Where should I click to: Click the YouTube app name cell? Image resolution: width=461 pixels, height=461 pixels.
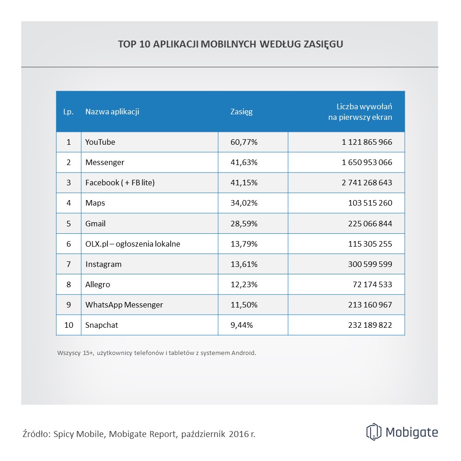click(x=100, y=142)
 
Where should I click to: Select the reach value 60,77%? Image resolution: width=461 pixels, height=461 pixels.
click(x=244, y=142)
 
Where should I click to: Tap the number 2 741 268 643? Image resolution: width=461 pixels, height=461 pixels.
click(x=367, y=183)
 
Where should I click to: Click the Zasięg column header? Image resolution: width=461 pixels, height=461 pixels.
click(x=242, y=112)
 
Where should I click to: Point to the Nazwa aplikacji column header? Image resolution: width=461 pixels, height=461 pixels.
click(x=112, y=112)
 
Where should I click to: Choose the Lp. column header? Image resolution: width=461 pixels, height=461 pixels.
click(x=68, y=112)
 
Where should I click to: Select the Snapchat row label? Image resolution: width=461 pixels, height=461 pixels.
click(x=102, y=325)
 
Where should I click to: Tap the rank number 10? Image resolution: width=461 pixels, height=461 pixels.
click(x=69, y=325)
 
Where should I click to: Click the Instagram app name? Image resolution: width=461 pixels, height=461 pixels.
click(x=104, y=264)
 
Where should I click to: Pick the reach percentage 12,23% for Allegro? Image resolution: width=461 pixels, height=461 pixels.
click(x=244, y=284)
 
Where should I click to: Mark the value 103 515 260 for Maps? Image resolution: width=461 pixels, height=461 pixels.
click(x=370, y=203)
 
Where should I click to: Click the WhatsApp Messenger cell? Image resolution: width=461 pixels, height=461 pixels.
click(x=124, y=305)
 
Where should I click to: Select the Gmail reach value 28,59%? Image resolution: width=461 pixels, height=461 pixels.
click(x=244, y=224)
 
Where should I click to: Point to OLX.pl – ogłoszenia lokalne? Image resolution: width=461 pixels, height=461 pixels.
click(x=133, y=244)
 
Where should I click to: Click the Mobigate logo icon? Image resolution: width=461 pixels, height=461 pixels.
click(x=374, y=432)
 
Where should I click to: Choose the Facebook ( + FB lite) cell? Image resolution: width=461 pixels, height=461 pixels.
click(x=120, y=183)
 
